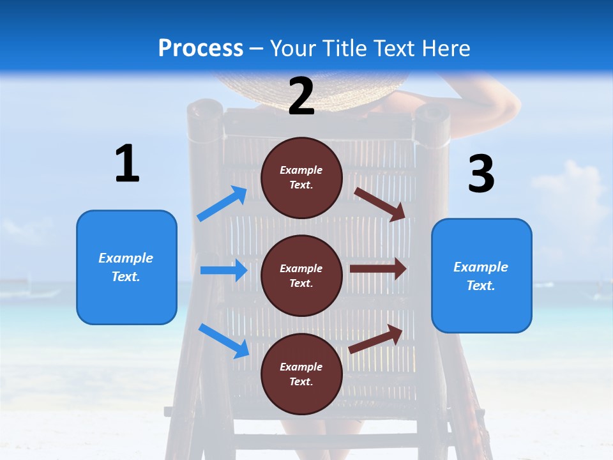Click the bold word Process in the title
coord(201,48)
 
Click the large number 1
coord(126,164)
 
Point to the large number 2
coord(301,96)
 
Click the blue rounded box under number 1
coord(126,267)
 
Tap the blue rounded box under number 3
coord(481,275)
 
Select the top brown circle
coord(301,178)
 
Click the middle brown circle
coord(301,275)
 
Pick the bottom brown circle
coord(301,374)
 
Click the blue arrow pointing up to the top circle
coord(222,204)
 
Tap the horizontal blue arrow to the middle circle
coord(223,270)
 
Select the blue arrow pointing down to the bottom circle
coord(223,341)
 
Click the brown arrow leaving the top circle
coord(381,204)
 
